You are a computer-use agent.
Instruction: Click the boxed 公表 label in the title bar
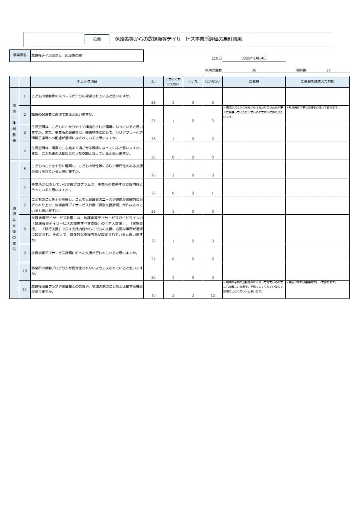(97, 40)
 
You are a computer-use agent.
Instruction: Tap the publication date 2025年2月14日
(254, 58)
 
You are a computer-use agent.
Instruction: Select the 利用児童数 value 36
(254, 70)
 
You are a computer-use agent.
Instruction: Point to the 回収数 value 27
(328, 70)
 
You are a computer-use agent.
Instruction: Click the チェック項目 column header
(87, 81)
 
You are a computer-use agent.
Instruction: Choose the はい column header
(153, 81)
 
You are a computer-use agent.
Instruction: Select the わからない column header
(212, 81)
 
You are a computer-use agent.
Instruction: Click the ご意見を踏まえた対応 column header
(317, 81)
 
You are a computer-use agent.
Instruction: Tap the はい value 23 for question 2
(153, 121)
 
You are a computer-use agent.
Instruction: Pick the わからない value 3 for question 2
(213, 121)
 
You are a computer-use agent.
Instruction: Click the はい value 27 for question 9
(153, 259)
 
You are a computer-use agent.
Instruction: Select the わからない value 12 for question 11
(213, 295)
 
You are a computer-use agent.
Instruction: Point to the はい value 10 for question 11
(153, 295)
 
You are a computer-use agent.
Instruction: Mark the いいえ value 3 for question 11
(193, 295)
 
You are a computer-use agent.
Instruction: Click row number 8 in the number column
(25, 229)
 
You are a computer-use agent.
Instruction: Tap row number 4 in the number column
(25, 151)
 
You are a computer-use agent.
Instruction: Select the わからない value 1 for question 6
(213, 193)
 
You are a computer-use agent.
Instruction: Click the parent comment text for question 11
(253, 287)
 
